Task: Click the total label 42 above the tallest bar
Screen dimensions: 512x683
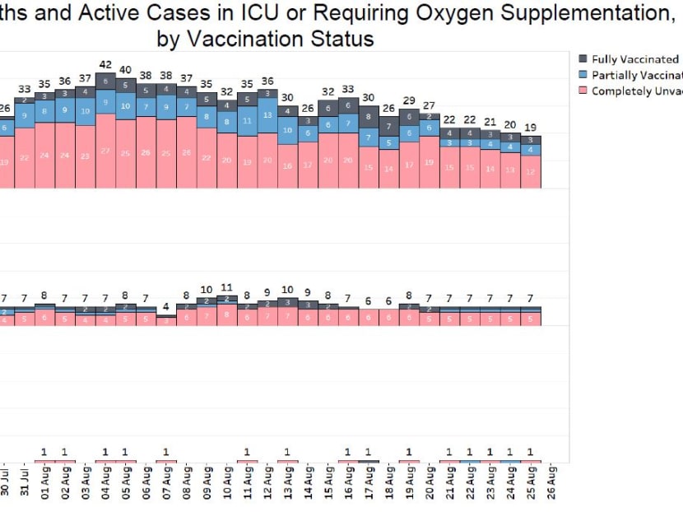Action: click(105, 64)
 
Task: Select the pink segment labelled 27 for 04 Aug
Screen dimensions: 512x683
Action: click(105, 151)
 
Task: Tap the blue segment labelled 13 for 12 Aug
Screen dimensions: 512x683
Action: click(267, 115)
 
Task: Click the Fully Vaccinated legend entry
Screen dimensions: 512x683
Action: click(634, 59)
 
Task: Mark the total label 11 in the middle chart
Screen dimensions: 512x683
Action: click(227, 287)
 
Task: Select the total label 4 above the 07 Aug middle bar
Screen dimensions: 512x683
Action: click(166, 307)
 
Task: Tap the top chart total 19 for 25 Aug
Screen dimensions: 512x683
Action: click(531, 128)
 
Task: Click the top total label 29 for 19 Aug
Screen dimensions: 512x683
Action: click(409, 100)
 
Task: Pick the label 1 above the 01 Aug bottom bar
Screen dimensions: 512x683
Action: click(44, 451)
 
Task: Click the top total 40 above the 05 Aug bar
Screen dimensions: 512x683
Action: click(126, 70)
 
